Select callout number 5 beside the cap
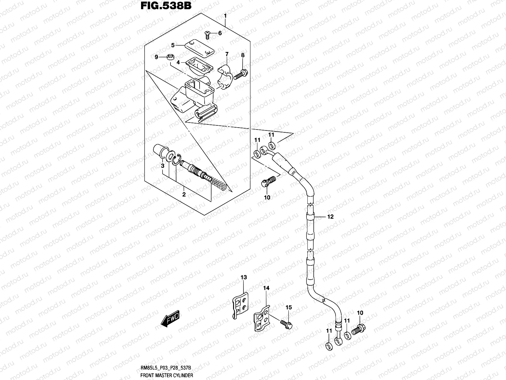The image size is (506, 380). [173, 45]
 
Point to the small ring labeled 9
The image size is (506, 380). [170, 57]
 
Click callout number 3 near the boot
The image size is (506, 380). [162, 166]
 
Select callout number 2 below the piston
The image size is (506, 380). [184, 194]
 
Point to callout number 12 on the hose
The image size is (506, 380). [330, 217]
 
